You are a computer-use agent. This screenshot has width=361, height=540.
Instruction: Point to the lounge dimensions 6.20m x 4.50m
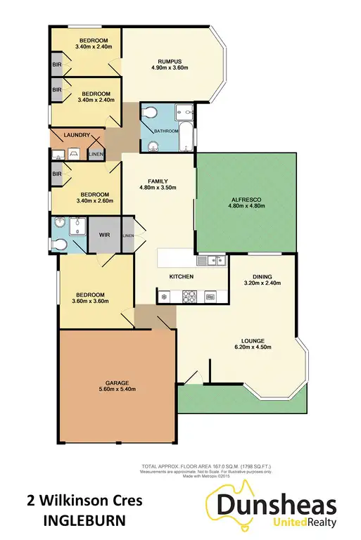click(251, 345)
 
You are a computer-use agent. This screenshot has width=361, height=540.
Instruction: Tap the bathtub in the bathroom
click(186, 136)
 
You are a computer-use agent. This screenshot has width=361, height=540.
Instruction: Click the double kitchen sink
click(210, 261)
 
